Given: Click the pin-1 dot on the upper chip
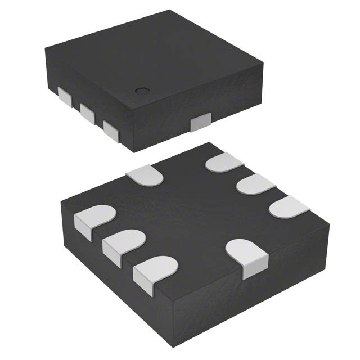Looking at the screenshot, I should [142, 90].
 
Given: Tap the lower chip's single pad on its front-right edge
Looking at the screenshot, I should [247, 256].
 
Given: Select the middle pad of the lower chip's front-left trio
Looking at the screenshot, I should [121, 244].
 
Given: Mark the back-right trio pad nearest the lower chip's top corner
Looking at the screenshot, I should [224, 164].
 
